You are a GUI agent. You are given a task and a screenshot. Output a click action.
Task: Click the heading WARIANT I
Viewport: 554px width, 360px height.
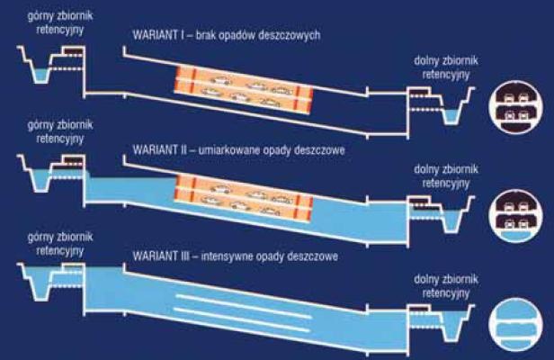click(156, 35)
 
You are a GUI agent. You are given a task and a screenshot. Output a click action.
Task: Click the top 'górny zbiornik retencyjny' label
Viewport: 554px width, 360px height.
click(60, 23)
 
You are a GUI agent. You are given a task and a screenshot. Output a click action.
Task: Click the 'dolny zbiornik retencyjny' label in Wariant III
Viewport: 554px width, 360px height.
click(446, 286)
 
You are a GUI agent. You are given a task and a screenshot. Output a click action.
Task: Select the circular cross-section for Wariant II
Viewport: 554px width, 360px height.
click(515, 216)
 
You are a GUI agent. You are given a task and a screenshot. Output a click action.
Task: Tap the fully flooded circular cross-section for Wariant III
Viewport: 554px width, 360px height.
click(515, 325)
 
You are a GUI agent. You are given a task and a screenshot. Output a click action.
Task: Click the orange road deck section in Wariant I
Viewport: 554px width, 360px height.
click(244, 90)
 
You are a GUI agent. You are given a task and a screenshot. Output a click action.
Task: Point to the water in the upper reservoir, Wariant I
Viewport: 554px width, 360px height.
click(40, 76)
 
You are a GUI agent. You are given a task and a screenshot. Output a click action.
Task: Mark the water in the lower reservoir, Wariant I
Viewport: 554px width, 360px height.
click(451, 117)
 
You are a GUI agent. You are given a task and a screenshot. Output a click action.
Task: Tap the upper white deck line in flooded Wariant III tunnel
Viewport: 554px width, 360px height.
click(244, 306)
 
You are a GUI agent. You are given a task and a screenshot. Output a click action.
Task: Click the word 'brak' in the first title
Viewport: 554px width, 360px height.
click(205, 35)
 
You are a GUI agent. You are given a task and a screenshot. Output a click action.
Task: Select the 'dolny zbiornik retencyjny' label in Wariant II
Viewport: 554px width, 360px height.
click(446, 175)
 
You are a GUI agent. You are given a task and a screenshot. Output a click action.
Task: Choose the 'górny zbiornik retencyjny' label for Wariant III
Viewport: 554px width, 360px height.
click(60, 244)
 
